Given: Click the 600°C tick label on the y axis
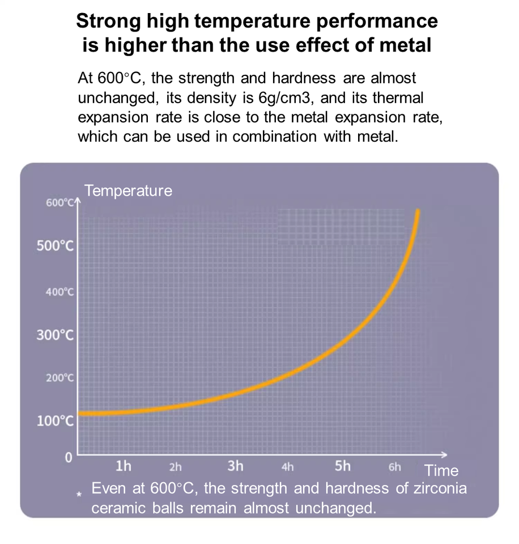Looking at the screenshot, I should click(59, 203).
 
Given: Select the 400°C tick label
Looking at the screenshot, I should click(59, 292).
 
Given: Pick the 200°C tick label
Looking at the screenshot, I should click(59, 378).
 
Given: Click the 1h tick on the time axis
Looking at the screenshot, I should click(123, 466).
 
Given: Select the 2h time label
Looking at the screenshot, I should click(176, 467).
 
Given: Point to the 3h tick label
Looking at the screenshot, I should click(235, 466).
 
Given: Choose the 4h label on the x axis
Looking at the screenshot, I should click(287, 467).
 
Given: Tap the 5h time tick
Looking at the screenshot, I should click(343, 466).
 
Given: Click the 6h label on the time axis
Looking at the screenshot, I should click(395, 467).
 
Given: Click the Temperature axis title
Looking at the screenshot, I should click(128, 191).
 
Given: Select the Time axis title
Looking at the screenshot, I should click(441, 470).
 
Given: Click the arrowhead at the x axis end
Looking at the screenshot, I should click(444, 454).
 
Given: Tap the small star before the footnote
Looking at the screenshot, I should click(80, 494).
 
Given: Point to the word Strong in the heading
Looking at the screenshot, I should click(108, 21).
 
